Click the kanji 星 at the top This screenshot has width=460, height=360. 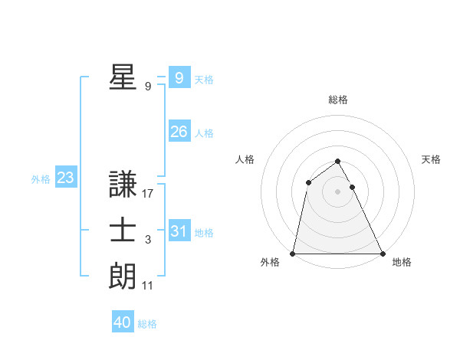pyautogui.click(x=123, y=77)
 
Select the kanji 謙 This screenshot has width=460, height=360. pyautogui.click(x=123, y=185)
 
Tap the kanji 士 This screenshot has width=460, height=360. pyautogui.click(x=123, y=231)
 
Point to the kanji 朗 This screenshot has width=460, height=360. pyautogui.click(x=123, y=276)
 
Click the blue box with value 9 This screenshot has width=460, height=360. pyautogui.click(x=179, y=77)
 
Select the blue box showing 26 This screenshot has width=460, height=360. pyautogui.click(x=179, y=132)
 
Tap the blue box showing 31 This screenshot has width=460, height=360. pyautogui.click(x=179, y=231)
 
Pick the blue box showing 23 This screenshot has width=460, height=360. pyautogui.click(x=66, y=178)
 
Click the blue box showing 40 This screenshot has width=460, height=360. pyautogui.click(x=123, y=322)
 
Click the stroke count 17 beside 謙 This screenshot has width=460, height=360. pyautogui.click(x=148, y=195)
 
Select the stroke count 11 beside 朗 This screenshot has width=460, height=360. pyautogui.click(x=148, y=286)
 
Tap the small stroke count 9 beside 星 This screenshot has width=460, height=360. pyautogui.click(x=148, y=87)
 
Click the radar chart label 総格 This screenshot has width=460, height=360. pyautogui.click(x=338, y=100)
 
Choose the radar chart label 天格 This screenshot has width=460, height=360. pyautogui.click(x=431, y=159)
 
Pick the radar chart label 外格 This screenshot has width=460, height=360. pyautogui.click(x=270, y=262)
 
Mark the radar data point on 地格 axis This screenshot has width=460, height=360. pyautogui.click(x=382, y=253)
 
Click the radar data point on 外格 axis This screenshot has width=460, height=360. pyautogui.click(x=294, y=253)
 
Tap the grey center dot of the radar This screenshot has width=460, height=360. pyautogui.click(x=338, y=191)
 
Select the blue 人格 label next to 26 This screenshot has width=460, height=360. pyautogui.click(x=204, y=133)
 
